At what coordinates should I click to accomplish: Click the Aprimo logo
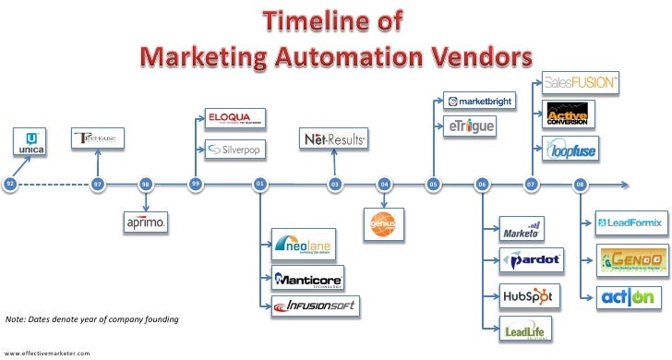(146, 222)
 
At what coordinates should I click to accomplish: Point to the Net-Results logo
(334, 139)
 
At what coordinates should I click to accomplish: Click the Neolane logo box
(302, 245)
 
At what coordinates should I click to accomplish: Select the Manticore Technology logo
(308, 278)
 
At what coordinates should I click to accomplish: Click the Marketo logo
(522, 229)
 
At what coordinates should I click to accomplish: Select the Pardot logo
(532, 260)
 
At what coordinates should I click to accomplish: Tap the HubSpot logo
(528, 296)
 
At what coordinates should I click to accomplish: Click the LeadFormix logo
(631, 222)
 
